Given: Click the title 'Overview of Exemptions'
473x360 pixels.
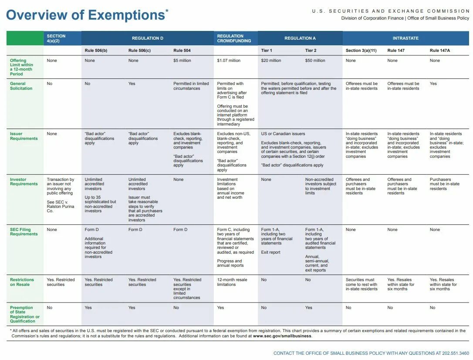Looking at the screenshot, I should coord(85,15).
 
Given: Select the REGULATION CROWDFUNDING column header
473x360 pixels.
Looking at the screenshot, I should coord(234,38).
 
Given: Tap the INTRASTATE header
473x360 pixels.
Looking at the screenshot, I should coord(405,38).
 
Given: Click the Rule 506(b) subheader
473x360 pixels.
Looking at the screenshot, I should coord(96,51).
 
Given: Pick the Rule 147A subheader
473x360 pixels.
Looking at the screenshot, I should coord(439,51).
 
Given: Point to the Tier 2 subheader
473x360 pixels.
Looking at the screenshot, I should coord(311,51).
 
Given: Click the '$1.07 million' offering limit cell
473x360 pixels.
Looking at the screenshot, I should coord(229,61).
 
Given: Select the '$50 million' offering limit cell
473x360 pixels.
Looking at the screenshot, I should coord(315,61).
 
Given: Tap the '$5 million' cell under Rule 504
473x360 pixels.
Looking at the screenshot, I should coord(182,61).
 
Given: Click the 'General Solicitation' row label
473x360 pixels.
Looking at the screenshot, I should coord(21,86).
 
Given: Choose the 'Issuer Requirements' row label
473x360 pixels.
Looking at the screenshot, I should coord(24,136).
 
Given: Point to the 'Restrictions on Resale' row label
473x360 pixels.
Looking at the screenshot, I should coord(22,282).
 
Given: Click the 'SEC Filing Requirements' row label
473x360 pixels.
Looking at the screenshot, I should coord(24,231).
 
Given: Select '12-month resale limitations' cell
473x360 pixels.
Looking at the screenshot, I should coord(233,282).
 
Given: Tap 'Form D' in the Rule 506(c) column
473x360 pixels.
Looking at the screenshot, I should coord(135,230).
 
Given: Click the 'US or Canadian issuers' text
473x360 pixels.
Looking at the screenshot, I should coord(283,134).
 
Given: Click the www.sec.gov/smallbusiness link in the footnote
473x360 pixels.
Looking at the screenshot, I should coord(282,336).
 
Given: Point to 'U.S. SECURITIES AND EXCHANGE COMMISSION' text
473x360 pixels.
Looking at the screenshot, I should coord(391,11).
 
